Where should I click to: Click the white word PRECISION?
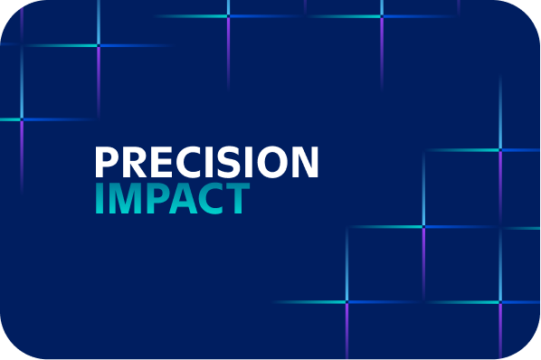[206, 162]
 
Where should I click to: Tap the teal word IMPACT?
[171, 199]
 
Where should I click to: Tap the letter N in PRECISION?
[305, 162]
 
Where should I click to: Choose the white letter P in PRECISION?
[108, 162]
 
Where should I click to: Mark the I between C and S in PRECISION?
[211, 162]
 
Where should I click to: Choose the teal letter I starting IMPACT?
[100, 199]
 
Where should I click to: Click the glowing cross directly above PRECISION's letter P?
[98, 44]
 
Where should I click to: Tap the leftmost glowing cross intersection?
[21, 119]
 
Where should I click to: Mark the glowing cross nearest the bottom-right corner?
[500, 302]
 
